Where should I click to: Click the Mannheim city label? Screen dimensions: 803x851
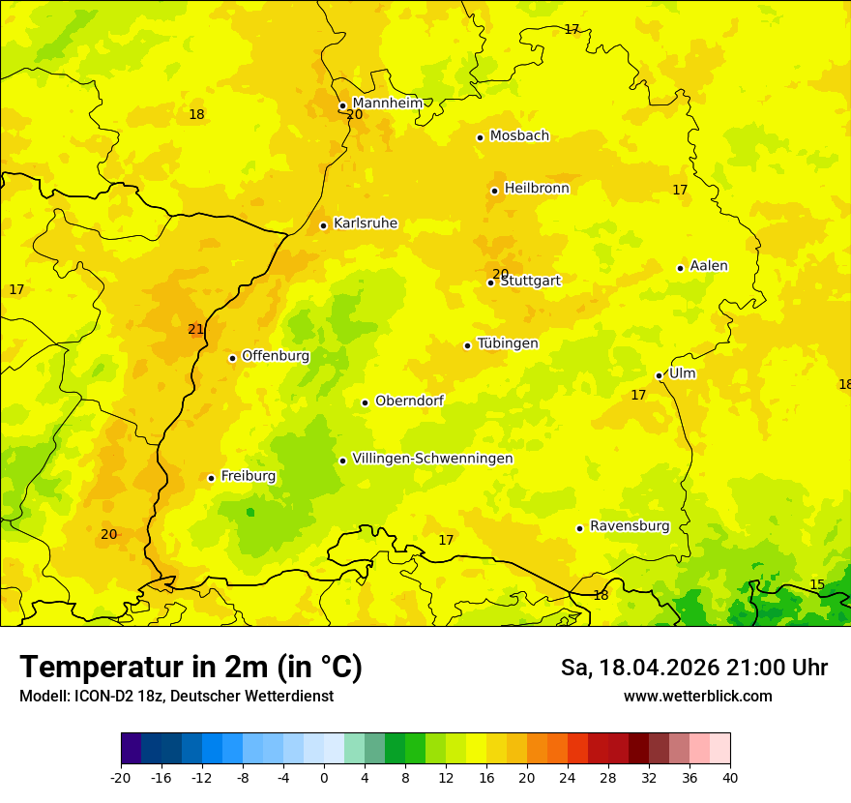(x=387, y=103)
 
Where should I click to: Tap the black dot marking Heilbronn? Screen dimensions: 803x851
(x=494, y=191)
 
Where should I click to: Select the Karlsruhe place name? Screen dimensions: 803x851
(x=365, y=223)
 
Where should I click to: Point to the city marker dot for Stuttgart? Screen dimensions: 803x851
(x=490, y=283)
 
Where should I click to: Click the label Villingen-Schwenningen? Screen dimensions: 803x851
(x=432, y=459)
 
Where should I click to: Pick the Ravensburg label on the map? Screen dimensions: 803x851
(x=630, y=526)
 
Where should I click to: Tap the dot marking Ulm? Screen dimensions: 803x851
(x=659, y=375)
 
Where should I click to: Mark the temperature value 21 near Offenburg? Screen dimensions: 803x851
(x=195, y=330)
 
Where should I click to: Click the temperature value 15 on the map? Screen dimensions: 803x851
(x=817, y=584)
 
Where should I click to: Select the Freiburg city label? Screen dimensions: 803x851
(x=248, y=476)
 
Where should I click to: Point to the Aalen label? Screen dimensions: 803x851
(x=709, y=266)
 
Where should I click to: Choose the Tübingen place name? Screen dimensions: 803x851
(x=508, y=343)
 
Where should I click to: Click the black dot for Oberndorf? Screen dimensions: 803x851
(x=365, y=402)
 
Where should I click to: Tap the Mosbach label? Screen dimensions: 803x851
(x=519, y=135)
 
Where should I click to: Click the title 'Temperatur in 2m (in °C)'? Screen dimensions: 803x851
(x=191, y=668)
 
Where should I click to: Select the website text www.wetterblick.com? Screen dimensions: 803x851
(x=697, y=696)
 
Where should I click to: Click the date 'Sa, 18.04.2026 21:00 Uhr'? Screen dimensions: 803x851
(x=693, y=668)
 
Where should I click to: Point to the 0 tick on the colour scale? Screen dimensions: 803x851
(x=324, y=778)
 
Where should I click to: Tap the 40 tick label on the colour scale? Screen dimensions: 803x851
(x=729, y=778)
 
